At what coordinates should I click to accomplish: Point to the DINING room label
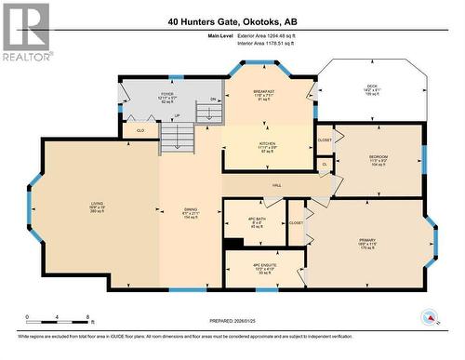point(190,210)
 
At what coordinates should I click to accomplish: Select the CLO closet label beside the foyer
point(140,131)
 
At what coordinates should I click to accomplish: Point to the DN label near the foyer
point(213,99)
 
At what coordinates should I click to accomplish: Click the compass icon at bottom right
point(429,318)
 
